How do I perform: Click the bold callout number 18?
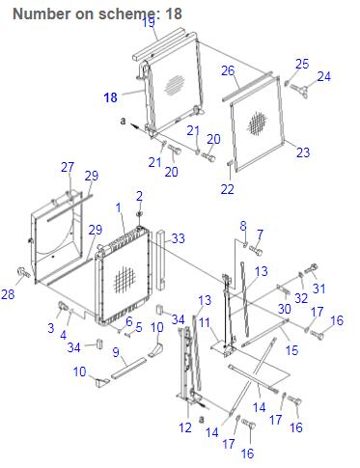(x=110, y=97)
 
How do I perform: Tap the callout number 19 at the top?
(x=149, y=22)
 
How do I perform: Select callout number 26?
(x=228, y=70)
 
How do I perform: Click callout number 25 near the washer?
(x=302, y=64)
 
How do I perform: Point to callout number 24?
(x=324, y=76)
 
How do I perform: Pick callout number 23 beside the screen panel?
(x=303, y=152)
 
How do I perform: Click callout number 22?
(x=227, y=189)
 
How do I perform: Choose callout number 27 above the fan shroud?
(x=68, y=167)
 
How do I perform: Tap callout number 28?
(x=8, y=294)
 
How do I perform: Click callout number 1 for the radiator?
(x=119, y=207)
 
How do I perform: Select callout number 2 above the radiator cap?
(x=139, y=196)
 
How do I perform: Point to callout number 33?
(x=178, y=238)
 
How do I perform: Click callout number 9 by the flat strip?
(x=116, y=352)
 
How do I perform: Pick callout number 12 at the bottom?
(x=185, y=427)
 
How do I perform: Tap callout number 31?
(x=318, y=289)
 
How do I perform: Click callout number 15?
(x=291, y=350)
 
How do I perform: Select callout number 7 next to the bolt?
(x=260, y=234)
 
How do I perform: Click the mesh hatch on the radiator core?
(x=125, y=279)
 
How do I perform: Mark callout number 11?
(x=205, y=322)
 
